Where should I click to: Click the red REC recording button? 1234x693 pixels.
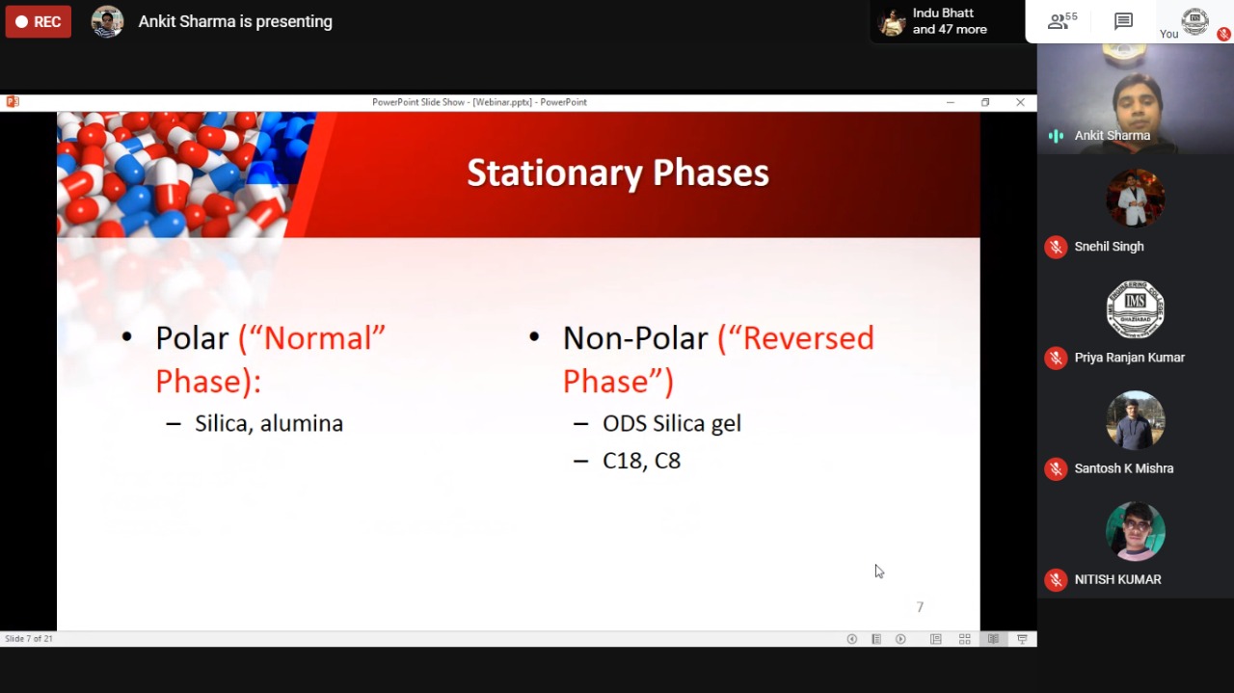(x=38, y=21)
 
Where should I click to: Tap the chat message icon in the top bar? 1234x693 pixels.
(x=1123, y=21)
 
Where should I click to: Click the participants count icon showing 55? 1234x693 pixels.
(x=1062, y=21)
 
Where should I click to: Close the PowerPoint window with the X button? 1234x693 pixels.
(x=1020, y=102)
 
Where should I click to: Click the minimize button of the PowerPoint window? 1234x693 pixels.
(x=951, y=102)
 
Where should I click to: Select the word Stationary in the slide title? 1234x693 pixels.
(x=554, y=173)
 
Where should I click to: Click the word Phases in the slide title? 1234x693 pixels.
(x=711, y=173)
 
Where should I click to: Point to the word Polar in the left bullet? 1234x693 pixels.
(x=192, y=337)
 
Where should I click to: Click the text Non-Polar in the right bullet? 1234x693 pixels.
(x=635, y=337)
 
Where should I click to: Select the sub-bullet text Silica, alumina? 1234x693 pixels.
(x=269, y=424)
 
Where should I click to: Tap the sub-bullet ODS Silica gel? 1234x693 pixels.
(x=672, y=424)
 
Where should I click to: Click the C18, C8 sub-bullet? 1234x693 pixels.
(x=642, y=461)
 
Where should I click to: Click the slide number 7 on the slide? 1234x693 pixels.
(x=920, y=607)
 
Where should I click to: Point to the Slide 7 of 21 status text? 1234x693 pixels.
(x=29, y=638)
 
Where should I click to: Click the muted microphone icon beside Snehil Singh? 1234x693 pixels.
(x=1056, y=247)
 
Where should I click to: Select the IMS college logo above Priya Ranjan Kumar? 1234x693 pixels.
(x=1135, y=309)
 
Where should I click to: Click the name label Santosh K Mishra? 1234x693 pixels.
(x=1124, y=468)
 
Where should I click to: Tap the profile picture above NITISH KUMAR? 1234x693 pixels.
(x=1135, y=531)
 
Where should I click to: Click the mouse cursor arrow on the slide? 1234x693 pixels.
(x=879, y=572)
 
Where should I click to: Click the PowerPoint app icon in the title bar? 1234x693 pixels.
(x=13, y=102)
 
